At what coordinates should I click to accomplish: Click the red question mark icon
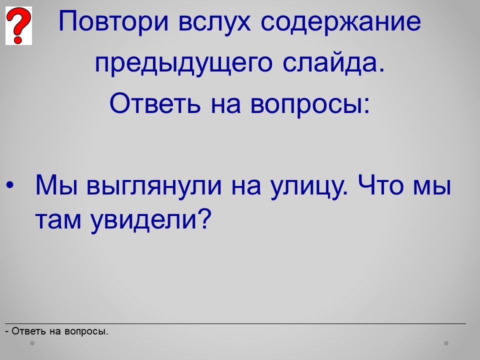click(18, 25)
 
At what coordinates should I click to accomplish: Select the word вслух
click(214, 22)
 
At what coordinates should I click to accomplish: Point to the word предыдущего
click(183, 63)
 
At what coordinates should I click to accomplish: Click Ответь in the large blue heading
click(155, 103)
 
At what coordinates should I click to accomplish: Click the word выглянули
click(154, 186)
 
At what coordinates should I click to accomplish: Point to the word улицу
click(309, 186)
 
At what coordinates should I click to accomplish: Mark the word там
click(58, 220)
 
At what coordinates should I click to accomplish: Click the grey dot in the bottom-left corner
click(32, 343)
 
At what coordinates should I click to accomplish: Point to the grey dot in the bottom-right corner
click(446, 343)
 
